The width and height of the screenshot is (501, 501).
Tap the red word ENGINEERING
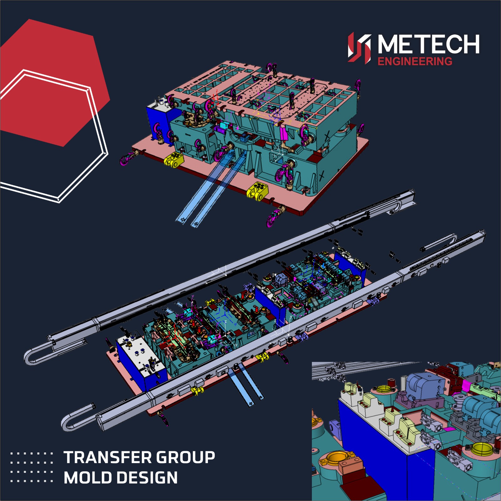point(415,61)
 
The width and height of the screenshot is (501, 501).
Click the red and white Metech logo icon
point(359,48)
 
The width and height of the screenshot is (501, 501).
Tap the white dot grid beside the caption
point(32,467)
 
